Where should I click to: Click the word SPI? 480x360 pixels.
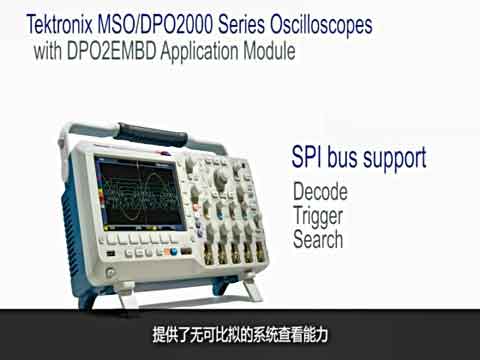click(x=308, y=157)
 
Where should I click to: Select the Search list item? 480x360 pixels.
click(x=318, y=239)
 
